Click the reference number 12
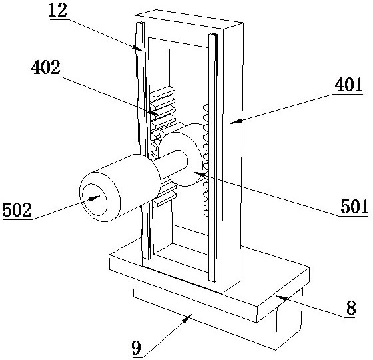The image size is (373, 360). point(58,11)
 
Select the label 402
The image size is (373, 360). point(45,67)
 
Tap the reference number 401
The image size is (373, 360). point(348,85)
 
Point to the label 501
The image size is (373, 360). point(354,206)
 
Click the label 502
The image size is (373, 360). point(17,209)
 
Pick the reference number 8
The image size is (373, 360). point(351,307)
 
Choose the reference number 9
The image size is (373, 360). point(137,347)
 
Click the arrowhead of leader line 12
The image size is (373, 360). point(138,48)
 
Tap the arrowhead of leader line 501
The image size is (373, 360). point(199,174)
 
